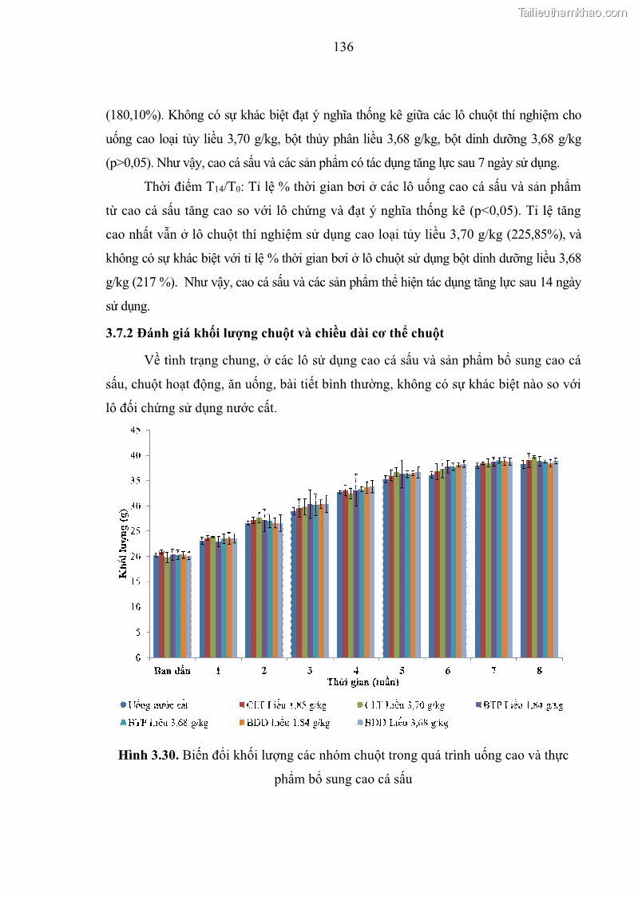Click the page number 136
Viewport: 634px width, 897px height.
click(x=343, y=47)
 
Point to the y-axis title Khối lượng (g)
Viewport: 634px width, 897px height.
click(x=125, y=542)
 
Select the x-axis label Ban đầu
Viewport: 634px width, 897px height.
click(x=172, y=671)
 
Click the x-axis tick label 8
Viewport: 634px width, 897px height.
click(x=539, y=671)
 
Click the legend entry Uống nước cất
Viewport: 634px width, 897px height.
click(x=154, y=705)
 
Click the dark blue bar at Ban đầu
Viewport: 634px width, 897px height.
click(x=156, y=607)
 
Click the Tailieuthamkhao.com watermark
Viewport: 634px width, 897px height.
click(x=573, y=13)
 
